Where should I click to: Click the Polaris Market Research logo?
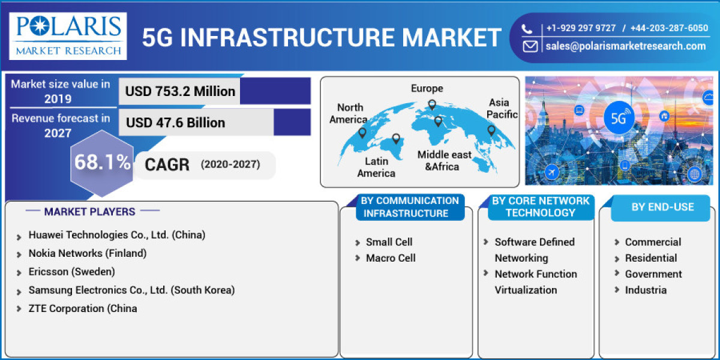[68, 35]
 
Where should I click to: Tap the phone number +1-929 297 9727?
[580, 28]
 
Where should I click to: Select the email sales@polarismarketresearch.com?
[625, 46]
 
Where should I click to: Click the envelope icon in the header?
[529, 46]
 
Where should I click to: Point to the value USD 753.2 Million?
[180, 91]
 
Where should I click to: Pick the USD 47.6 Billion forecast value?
[175, 122]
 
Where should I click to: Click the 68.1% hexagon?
[102, 162]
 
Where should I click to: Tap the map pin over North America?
[362, 131]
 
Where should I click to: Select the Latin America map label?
[376, 167]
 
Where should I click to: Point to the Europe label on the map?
[427, 89]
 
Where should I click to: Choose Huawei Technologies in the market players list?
[116, 235]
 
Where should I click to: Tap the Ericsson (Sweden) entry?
[71, 272]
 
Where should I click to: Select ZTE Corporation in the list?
[82, 308]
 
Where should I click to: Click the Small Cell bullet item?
[389, 242]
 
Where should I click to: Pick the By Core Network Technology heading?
[540, 207]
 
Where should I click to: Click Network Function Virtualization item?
[535, 282]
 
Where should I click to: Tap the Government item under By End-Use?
[653, 274]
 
